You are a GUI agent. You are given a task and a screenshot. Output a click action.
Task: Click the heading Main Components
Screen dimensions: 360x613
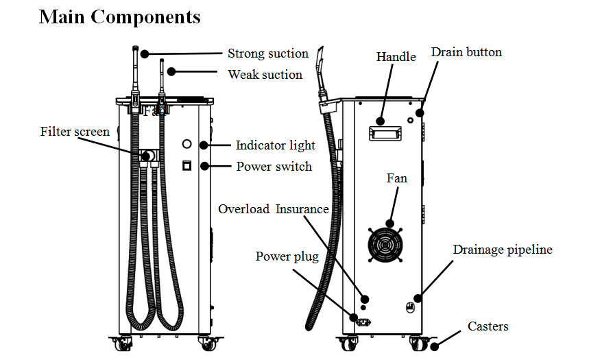pos(119,16)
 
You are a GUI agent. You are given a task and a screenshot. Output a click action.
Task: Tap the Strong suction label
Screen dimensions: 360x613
pos(268,53)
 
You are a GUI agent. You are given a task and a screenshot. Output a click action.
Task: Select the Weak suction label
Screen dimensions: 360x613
pos(265,75)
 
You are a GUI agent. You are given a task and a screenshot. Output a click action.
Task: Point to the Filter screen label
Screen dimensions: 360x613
pos(75,131)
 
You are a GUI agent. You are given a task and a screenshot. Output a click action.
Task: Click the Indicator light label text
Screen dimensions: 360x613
pos(276,145)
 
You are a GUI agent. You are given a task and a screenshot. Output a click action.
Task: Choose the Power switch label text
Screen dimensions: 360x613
pos(274,167)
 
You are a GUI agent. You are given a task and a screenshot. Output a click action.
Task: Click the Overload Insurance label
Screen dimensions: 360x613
pos(274,209)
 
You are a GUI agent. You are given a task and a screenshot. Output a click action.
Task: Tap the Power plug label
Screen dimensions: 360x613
pos(287,256)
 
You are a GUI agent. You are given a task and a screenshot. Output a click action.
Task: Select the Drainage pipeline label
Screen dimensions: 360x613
pos(503,250)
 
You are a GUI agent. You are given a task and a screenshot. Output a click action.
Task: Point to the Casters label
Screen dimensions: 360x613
pos(488,326)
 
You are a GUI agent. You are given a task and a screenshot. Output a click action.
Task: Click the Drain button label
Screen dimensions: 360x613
pos(466,52)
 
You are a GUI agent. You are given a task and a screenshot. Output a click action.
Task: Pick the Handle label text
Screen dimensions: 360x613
pos(396,57)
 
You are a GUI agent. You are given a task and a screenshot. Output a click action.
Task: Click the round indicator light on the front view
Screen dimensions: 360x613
pos(187,145)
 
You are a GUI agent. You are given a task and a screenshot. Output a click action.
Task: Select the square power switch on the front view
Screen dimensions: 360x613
pos(186,166)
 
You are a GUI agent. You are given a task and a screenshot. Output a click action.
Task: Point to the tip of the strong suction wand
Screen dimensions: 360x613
pos(136,51)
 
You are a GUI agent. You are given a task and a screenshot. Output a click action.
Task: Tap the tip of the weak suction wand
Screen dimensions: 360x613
pos(162,62)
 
